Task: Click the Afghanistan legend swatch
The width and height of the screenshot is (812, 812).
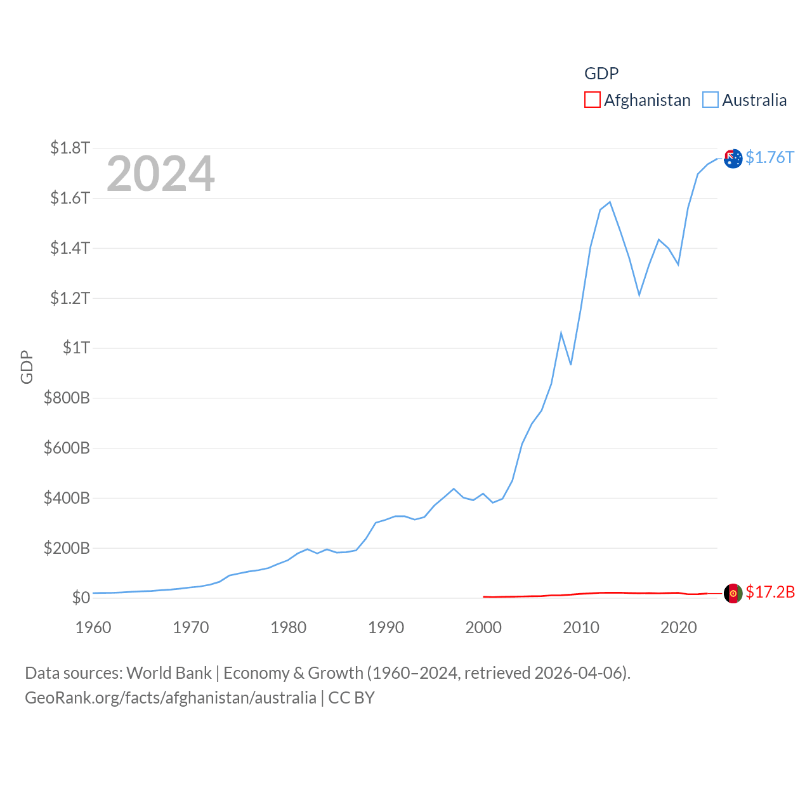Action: (592, 100)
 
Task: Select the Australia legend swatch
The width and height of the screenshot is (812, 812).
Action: (710, 100)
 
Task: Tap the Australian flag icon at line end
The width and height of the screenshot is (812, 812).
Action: (733, 159)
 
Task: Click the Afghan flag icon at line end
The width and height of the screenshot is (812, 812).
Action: (733, 594)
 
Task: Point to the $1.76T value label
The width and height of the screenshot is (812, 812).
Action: (769, 157)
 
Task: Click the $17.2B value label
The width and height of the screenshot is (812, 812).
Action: (770, 592)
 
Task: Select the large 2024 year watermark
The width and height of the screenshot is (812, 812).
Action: (160, 174)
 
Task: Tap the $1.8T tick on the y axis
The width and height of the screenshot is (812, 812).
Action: (70, 148)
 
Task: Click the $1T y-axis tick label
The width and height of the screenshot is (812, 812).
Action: (76, 348)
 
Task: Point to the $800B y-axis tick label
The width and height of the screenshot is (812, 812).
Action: (67, 398)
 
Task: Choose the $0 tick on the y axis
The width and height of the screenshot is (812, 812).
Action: (81, 598)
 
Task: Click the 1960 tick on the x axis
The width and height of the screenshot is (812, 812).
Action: (93, 627)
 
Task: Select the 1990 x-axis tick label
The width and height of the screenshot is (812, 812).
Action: (386, 627)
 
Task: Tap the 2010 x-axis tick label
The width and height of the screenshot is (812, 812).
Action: (581, 627)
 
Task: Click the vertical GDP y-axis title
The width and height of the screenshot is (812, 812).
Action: (27, 367)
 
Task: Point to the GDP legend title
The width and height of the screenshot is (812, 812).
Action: (601, 74)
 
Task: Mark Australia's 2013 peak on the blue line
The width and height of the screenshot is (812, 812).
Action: (610, 202)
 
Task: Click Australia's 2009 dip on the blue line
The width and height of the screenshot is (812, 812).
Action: (571, 364)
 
